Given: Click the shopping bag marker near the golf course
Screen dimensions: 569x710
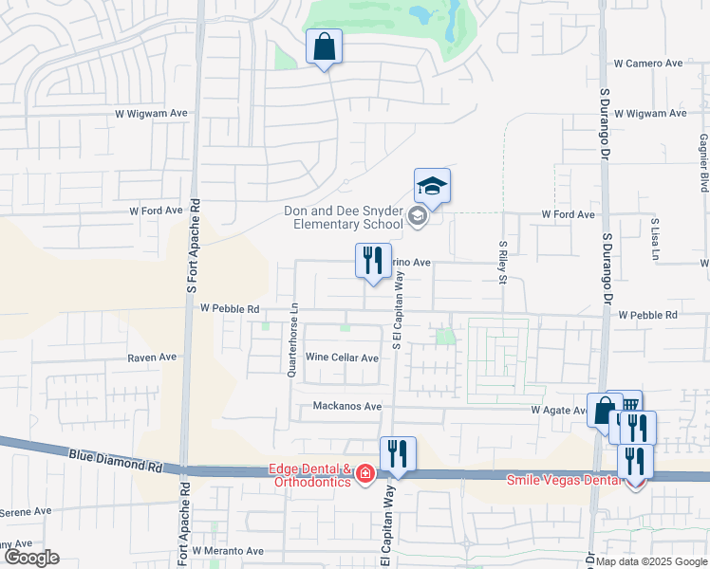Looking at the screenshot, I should pyautogui.click(x=324, y=46).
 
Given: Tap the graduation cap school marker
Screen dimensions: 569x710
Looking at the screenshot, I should pyautogui.click(x=432, y=186).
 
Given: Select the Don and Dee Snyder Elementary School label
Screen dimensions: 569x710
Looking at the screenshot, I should pyautogui.click(x=344, y=218).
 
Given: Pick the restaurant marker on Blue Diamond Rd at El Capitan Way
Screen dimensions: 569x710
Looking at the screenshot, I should pyautogui.click(x=398, y=454).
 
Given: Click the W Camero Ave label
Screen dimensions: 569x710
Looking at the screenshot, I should pyautogui.click(x=648, y=64).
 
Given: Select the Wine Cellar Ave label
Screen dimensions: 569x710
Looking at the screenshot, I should pyautogui.click(x=342, y=358).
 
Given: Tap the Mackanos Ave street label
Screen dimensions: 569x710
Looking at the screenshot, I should pyautogui.click(x=347, y=407).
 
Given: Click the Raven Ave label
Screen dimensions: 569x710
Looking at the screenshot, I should pyautogui.click(x=152, y=358).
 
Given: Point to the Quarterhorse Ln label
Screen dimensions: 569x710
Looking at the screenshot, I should pyautogui.click(x=294, y=339).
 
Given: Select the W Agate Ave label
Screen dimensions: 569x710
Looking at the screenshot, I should pyautogui.click(x=561, y=410).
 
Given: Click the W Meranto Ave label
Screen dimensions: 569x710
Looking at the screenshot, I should pyautogui.click(x=228, y=550).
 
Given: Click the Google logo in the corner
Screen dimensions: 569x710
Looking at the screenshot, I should pyautogui.click(x=30, y=558).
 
